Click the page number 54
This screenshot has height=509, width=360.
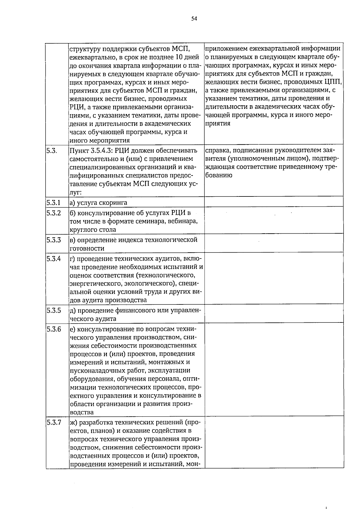[194, 19]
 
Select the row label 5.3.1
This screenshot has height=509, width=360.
[54, 202]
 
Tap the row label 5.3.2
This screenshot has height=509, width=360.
[54, 213]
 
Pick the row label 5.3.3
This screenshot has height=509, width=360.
[54, 240]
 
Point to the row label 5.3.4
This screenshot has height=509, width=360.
[54, 259]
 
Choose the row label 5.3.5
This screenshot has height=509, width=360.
[54, 310]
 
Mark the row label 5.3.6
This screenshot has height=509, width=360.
[54, 329]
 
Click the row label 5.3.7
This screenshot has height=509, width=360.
[54, 422]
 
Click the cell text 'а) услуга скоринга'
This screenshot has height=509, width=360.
[98, 203]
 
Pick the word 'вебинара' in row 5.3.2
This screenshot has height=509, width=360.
[183, 222]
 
